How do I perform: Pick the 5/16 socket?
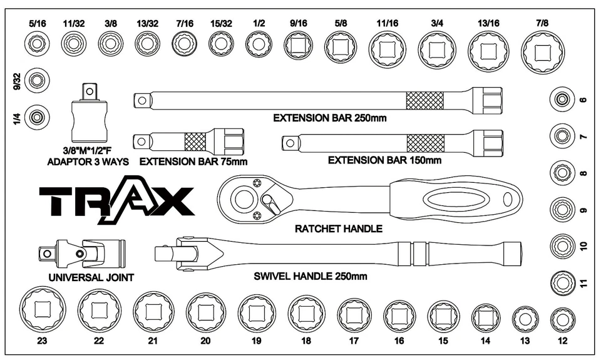pyautogui.click(x=38, y=44)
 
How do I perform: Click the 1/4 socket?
pyautogui.click(x=38, y=116)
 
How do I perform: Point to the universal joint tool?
pyautogui.click(x=81, y=253)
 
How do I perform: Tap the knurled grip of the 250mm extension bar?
pyautogui.click(x=424, y=100)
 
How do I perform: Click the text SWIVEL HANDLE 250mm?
pyautogui.click(x=310, y=276)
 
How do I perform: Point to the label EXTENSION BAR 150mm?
pyautogui.click(x=384, y=160)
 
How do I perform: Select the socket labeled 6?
pyautogui.click(x=562, y=99)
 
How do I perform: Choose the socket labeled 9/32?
pyautogui.click(x=38, y=80)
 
